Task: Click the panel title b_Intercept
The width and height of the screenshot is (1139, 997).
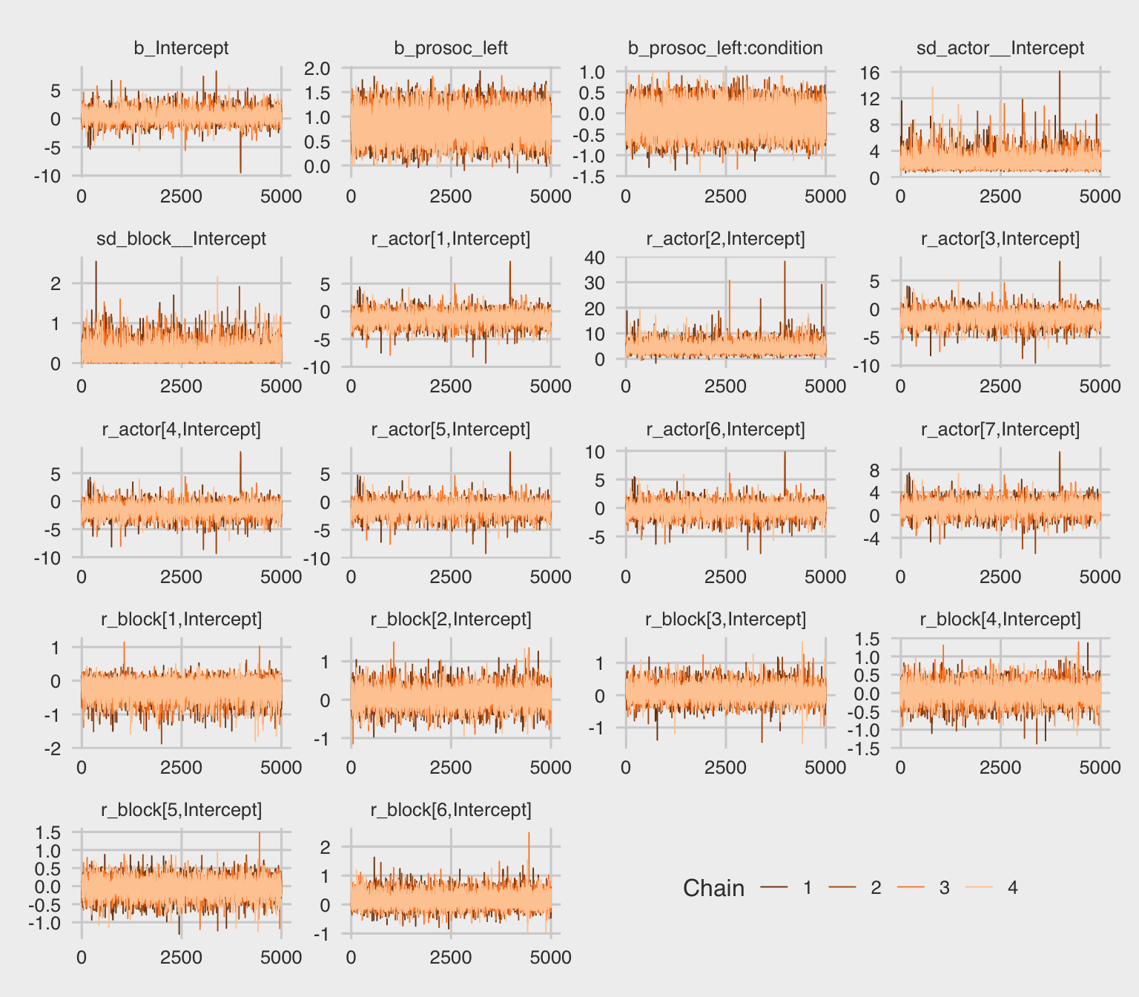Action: [181, 48]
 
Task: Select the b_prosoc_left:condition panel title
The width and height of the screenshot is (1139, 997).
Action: [725, 48]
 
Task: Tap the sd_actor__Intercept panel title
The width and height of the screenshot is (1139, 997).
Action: [1000, 48]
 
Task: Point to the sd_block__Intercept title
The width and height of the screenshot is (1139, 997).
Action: [181, 239]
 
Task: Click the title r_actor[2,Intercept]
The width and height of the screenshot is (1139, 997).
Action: [725, 239]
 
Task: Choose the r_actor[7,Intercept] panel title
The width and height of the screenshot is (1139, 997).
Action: [1000, 430]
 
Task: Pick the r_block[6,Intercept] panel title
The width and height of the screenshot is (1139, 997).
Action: [451, 810]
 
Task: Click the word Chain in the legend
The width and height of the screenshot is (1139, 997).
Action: [713, 888]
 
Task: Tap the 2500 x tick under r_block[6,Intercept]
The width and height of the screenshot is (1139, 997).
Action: [451, 958]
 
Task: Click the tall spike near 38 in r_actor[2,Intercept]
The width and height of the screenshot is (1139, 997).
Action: [785, 262]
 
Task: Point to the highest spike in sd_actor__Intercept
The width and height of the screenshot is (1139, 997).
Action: [1059, 72]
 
